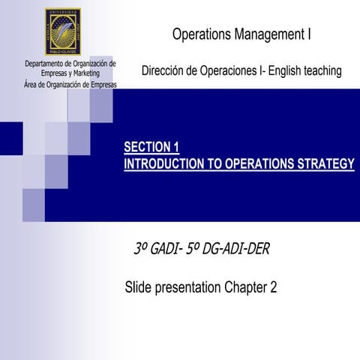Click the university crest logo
[x=69, y=31]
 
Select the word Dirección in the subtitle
[x=163, y=71]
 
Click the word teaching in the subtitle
[x=322, y=71]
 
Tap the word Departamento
[x=47, y=64]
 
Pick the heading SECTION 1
[x=151, y=147]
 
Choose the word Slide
[x=139, y=287]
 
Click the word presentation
[x=188, y=287]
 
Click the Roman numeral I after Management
[x=309, y=34]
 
